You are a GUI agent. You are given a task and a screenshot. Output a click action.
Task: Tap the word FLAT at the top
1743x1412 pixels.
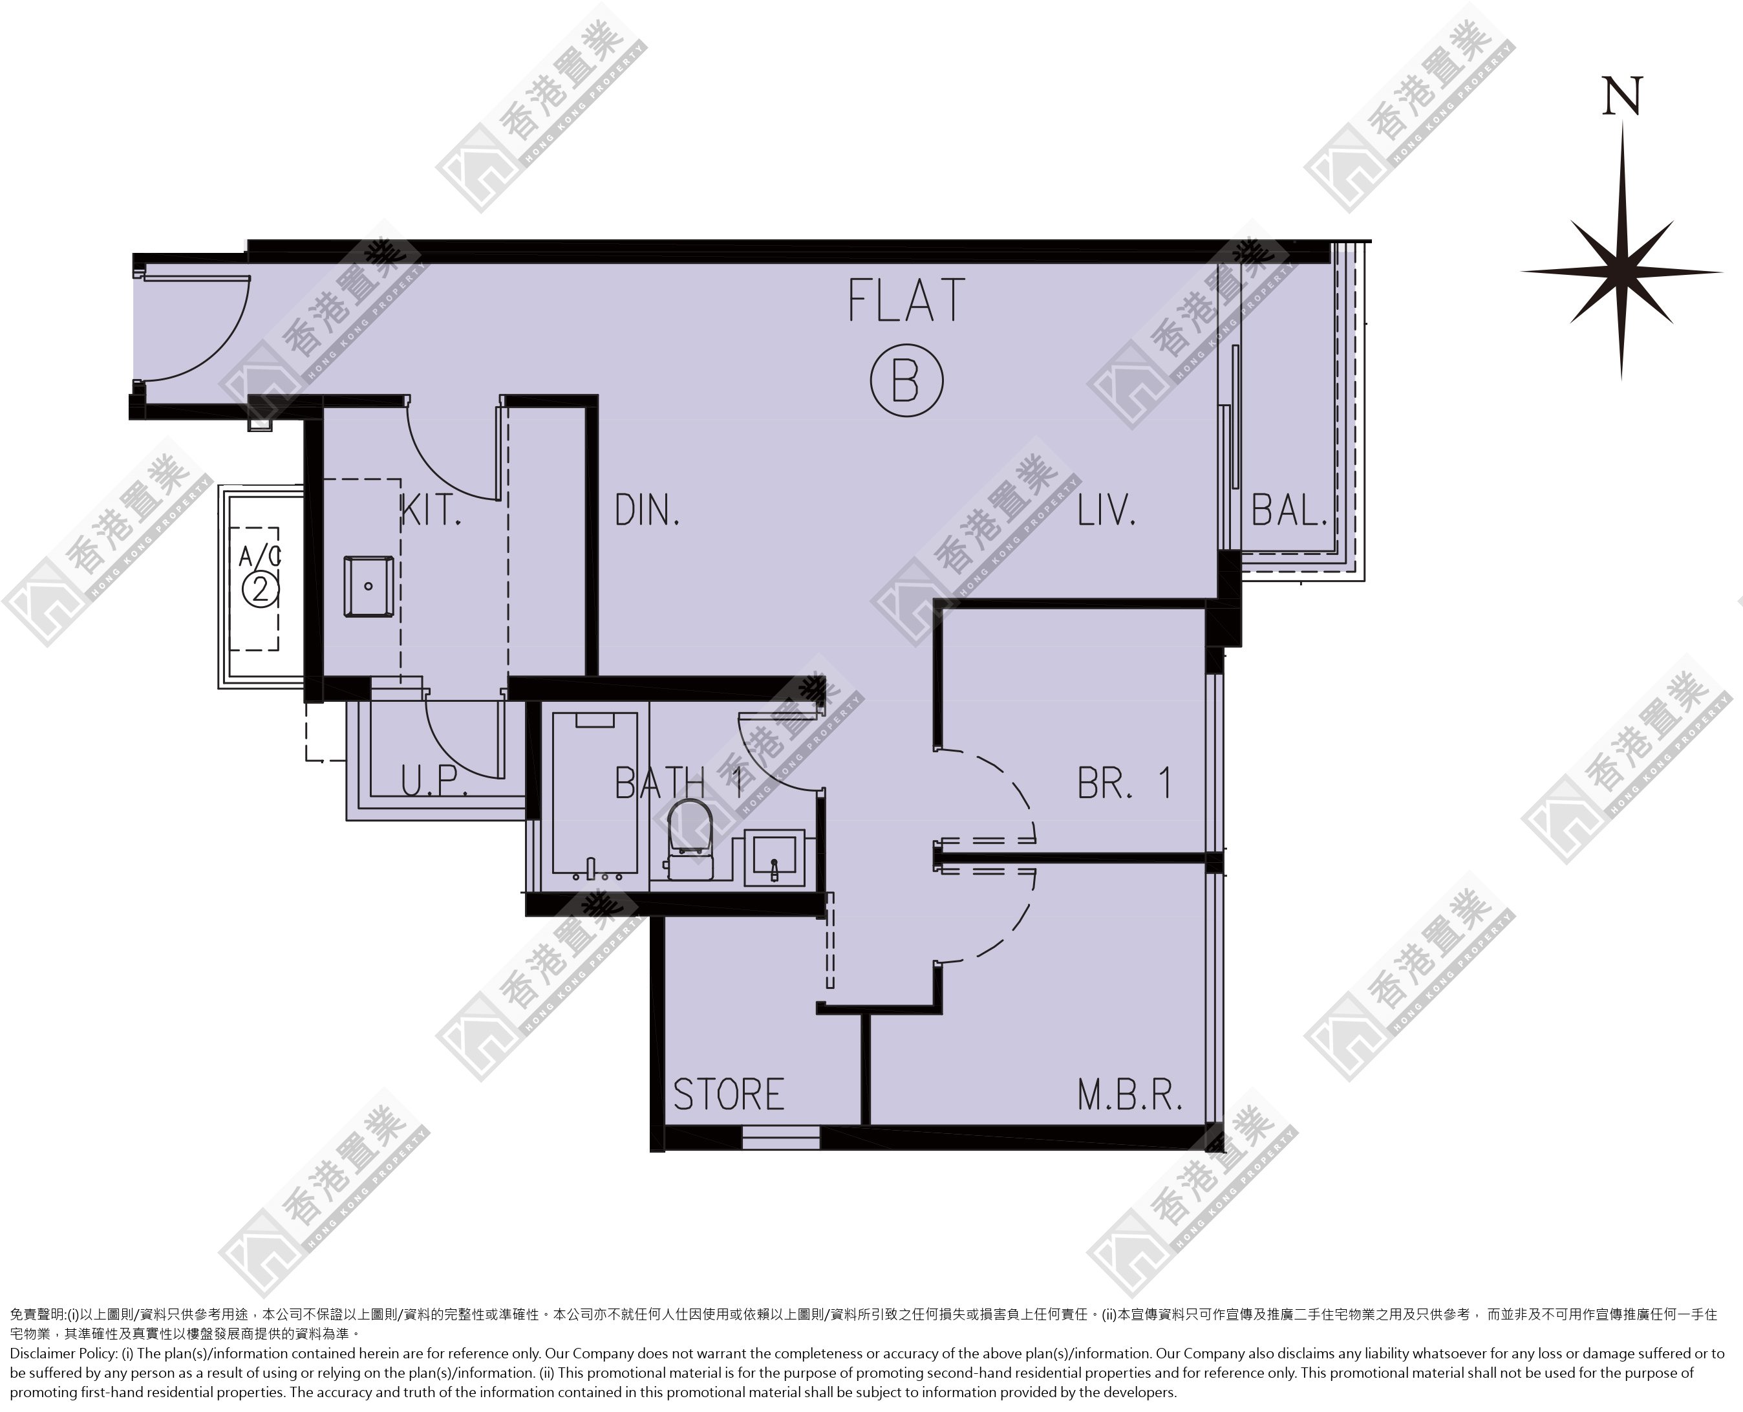(x=906, y=300)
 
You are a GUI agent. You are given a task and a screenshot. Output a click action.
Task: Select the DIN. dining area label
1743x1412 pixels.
(x=647, y=511)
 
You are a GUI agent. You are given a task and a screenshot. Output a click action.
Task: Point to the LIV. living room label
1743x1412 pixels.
(x=1106, y=511)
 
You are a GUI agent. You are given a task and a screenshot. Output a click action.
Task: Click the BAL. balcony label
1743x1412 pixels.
(x=1289, y=511)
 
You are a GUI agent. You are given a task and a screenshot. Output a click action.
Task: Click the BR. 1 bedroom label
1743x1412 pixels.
(x=1124, y=783)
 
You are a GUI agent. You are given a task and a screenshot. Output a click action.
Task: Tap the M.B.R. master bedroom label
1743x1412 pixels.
(x=1129, y=1096)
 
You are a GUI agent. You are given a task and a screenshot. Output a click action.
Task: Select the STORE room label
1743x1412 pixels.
(x=729, y=1095)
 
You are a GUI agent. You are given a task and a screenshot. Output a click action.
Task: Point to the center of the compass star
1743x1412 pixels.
(x=1622, y=272)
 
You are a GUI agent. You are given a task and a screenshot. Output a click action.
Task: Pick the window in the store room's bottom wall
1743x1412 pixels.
(x=780, y=1138)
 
